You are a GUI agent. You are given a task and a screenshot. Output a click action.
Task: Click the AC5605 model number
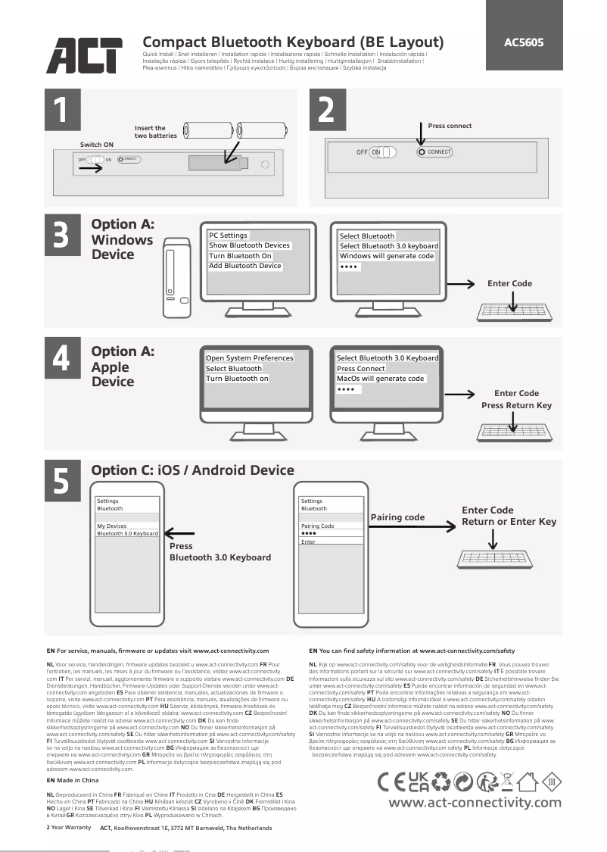coord(524,42)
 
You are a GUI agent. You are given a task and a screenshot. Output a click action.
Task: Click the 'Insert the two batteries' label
coord(155,133)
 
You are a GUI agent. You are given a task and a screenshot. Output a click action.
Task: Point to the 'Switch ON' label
coord(97,144)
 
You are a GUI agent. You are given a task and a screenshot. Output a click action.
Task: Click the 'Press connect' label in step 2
coord(450,126)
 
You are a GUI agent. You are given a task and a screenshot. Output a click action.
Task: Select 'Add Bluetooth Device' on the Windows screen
coord(245,266)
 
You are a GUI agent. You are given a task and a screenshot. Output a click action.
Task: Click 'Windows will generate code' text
coord(387,256)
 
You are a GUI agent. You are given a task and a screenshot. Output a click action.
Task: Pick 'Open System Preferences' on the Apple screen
coord(249,358)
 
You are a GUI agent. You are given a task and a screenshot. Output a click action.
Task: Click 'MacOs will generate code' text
coord(381,379)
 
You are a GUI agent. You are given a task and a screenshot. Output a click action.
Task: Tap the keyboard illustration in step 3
coord(515,312)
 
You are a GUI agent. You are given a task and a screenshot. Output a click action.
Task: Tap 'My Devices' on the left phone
coord(112,526)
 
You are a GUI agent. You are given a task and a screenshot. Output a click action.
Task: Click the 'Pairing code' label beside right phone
coord(397,518)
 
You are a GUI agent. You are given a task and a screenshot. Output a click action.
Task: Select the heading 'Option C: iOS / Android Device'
coord(192,470)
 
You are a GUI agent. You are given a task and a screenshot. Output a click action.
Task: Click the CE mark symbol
coord(391,781)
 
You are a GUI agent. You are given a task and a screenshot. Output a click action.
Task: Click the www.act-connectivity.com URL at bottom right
coord(475,803)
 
